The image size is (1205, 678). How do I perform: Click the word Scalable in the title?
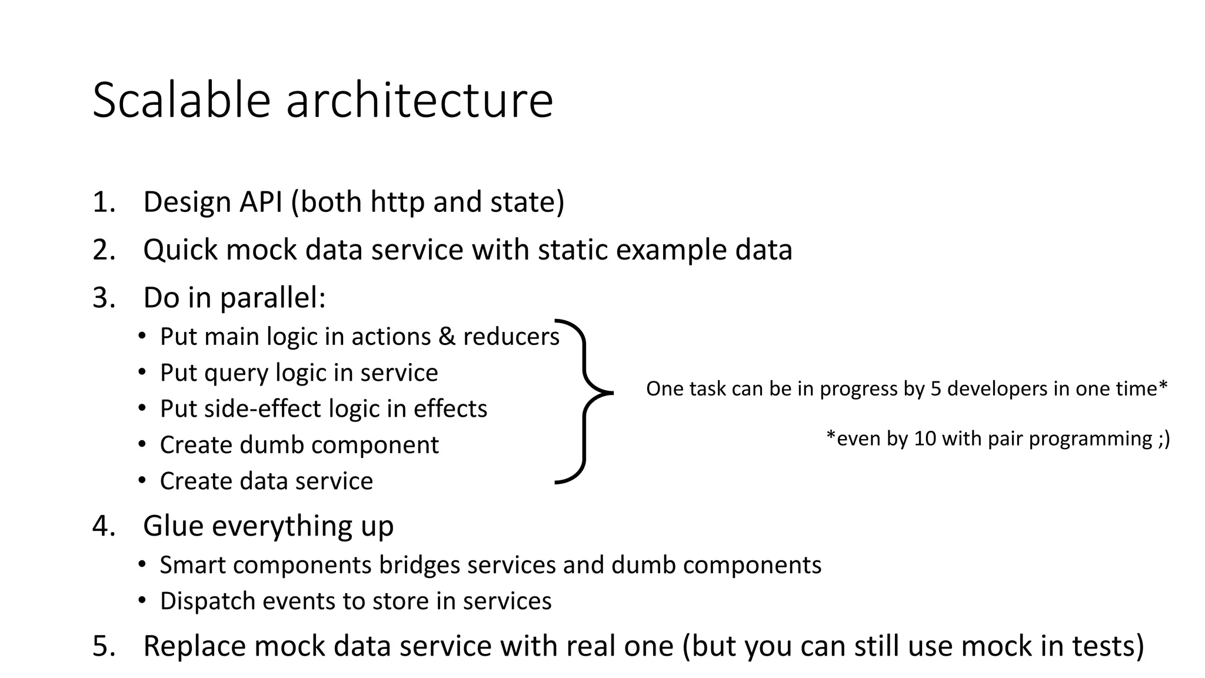click(x=181, y=100)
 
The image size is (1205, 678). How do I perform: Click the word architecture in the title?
click(x=420, y=100)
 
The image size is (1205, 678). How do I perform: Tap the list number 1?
click(x=102, y=202)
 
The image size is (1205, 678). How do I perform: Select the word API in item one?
click(x=261, y=202)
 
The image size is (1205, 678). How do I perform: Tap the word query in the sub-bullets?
click(x=236, y=374)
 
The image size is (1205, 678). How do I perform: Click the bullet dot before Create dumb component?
click(x=142, y=444)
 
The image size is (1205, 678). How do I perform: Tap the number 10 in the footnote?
click(x=924, y=439)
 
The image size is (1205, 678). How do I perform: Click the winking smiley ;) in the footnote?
click(x=1163, y=439)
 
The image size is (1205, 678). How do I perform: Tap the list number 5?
click(x=102, y=646)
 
